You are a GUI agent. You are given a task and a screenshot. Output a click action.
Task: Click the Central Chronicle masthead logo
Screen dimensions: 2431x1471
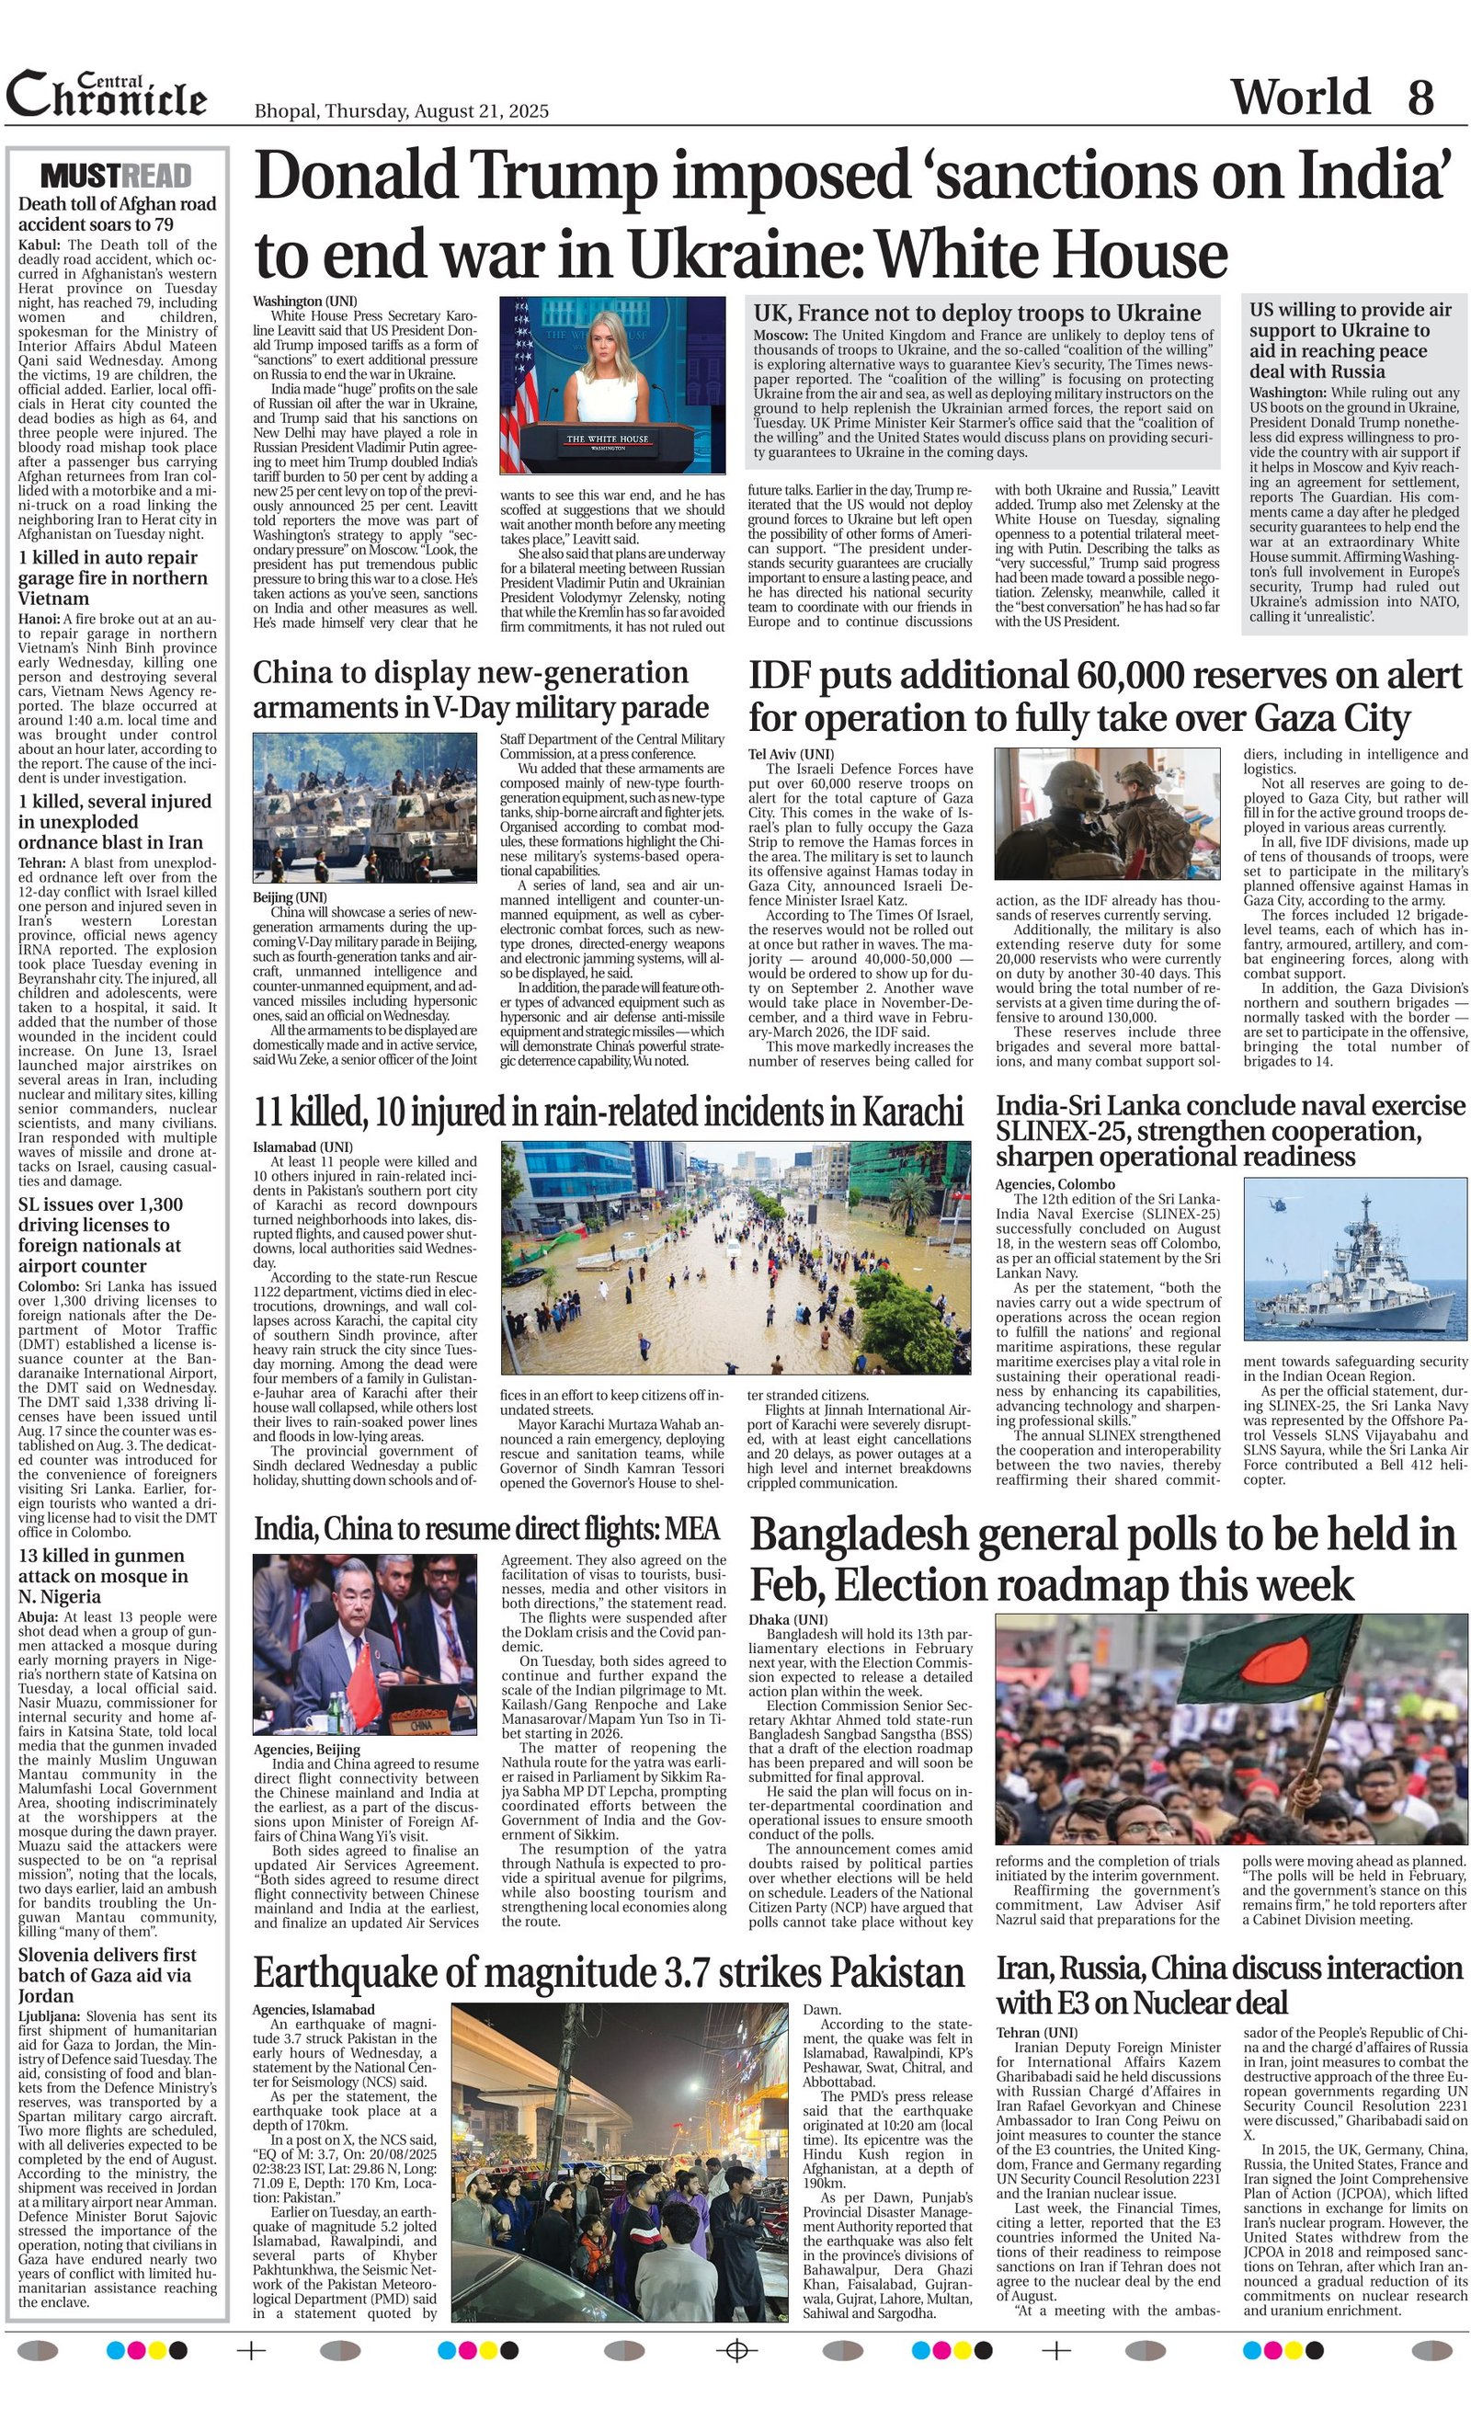click(x=107, y=97)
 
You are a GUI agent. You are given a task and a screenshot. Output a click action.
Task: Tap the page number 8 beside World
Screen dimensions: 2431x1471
click(x=1420, y=97)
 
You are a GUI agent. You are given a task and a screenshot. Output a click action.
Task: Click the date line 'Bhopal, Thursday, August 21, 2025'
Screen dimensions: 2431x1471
click(x=401, y=111)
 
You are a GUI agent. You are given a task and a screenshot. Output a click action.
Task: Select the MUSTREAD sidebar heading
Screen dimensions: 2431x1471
click(x=117, y=177)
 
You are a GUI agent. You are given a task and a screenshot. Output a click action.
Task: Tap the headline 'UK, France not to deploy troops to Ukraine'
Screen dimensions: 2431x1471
click(x=976, y=314)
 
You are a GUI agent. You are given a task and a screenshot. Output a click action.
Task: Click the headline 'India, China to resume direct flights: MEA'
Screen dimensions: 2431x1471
click(x=486, y=1528)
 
